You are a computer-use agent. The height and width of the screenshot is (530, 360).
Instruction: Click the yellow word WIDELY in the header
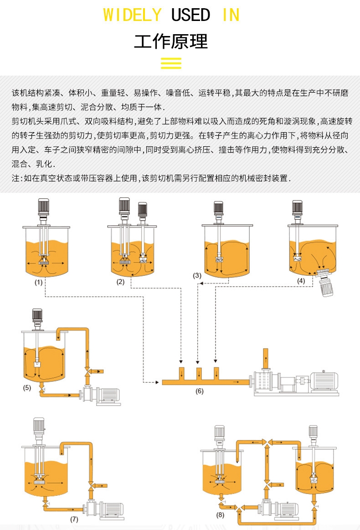[132, 15]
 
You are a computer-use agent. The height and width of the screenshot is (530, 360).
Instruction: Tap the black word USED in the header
[191, 15]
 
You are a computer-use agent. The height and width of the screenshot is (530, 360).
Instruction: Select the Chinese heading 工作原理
[171, 41]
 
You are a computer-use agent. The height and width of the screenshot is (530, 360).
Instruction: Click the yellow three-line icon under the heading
[171, 63]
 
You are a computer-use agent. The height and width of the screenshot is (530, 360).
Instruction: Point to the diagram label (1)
[39, 282]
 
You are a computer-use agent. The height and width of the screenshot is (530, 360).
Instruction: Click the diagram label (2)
[120, 282]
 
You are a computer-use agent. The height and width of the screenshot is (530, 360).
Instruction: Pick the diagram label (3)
[197, 275]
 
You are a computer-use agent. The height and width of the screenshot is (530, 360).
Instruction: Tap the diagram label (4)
[301, 281]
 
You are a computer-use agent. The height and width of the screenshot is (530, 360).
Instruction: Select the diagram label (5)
[27, 388]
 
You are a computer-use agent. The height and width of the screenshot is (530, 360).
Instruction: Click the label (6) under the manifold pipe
[200, 391]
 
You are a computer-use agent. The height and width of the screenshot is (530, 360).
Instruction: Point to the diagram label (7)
[74, 519]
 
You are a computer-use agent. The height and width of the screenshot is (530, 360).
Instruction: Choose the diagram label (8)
[221, 515]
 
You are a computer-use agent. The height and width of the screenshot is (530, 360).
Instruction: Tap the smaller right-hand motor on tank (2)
[142, 210]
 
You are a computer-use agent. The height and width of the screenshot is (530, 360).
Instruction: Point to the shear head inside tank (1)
[44, 262]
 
